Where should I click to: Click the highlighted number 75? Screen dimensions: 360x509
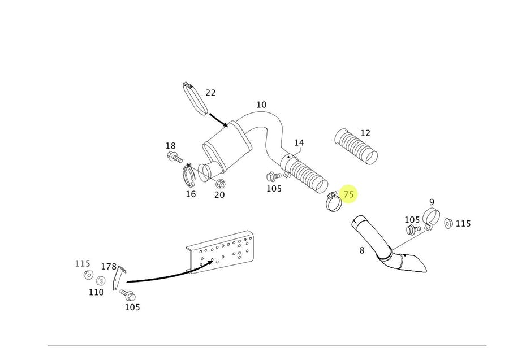[349, 194]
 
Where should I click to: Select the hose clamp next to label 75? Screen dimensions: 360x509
[333, 202]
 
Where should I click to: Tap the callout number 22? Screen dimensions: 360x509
[210, 93]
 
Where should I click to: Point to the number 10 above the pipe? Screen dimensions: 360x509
[261, 105]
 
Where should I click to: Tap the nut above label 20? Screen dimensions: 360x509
[221, 184]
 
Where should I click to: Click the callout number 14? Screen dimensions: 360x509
[299, 142]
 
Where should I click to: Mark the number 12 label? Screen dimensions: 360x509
[365, 133]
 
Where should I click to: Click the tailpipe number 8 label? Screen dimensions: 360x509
[362, 250]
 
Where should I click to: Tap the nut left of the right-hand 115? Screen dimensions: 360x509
[448, 223]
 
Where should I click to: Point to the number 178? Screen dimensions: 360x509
[109, 266]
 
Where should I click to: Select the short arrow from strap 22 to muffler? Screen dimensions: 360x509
[219, 119]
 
